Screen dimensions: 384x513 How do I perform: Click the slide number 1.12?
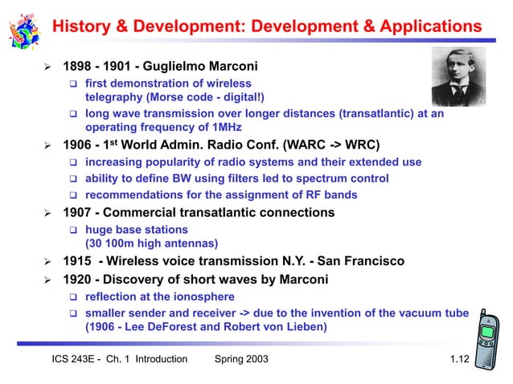(459, 359)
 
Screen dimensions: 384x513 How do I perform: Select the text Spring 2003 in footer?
(241, 359)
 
